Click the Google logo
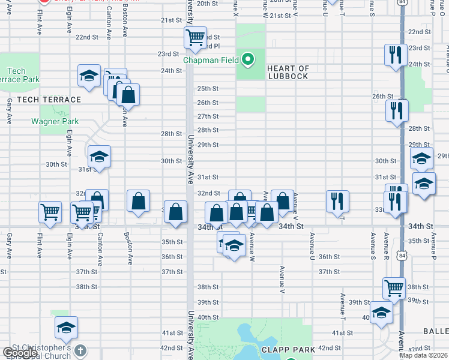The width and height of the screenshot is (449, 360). (20, 353)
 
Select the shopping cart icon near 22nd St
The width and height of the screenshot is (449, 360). (195, 38)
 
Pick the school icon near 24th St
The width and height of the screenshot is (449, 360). (89, 76)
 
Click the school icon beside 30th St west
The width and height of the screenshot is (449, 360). (99, 157)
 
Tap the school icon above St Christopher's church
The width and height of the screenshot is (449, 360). (66, 327)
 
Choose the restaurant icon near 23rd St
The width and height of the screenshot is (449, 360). (395, 55)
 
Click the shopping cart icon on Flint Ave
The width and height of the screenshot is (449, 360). (49, 211)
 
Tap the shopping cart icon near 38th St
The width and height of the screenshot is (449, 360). (394, 289)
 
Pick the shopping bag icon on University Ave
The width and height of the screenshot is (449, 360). (175, 212)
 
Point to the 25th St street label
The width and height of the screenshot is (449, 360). (208, 88)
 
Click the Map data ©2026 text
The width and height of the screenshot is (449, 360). (423, 355)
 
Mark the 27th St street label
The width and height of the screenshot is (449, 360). (208, 116)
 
